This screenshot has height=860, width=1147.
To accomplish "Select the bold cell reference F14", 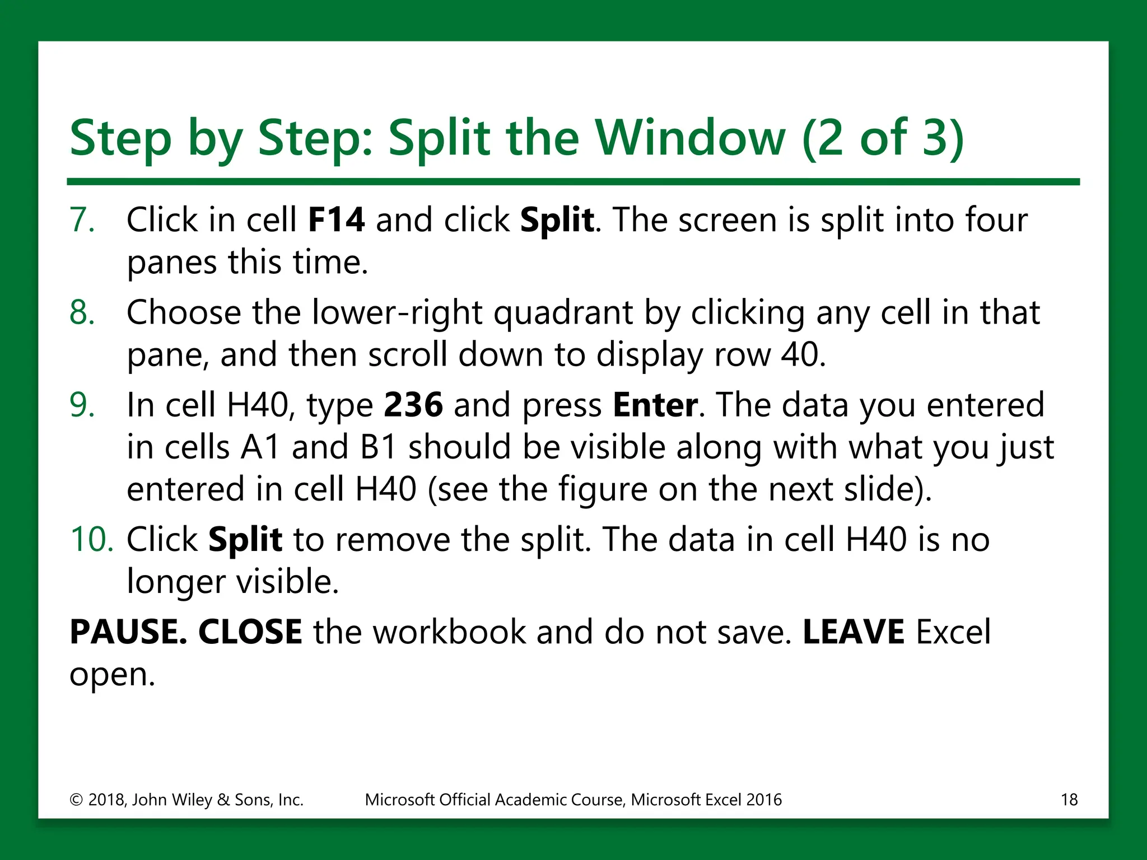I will (336, 219).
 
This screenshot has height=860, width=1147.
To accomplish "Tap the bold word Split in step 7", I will (557, 221).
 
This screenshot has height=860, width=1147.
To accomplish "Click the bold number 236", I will (413, 405).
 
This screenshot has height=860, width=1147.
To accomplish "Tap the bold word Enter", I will (655, 405).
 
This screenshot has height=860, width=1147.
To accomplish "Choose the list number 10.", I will (91, 540).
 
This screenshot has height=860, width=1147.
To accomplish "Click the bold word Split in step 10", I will (245, 540).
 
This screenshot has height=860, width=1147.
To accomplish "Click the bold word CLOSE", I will (250, 632).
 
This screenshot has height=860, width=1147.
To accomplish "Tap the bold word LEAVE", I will (853, 632).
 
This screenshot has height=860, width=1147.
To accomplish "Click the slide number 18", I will (1069, 800).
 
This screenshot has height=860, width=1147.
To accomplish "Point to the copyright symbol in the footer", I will (76, 800).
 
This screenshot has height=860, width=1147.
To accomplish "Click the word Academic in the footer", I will (531, 800).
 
